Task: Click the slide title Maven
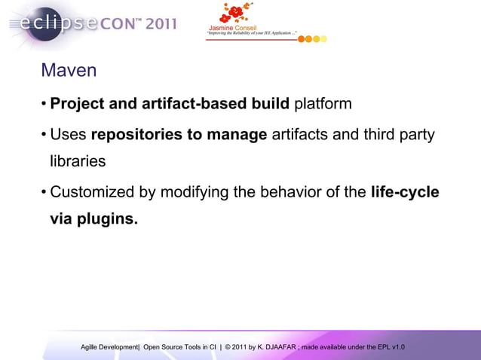[x=69, y=71]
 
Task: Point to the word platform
[x=323, y=102]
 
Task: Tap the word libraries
[x=78, y=161]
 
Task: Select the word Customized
[x=95, y=192]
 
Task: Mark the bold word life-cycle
[x=405, y=192]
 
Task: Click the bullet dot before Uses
[x=44, y=135]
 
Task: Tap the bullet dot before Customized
[x=44, y=192]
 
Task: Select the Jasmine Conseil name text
[x=235, y=28]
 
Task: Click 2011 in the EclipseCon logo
[x=161, y=23]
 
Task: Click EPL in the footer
[x=384, y=346]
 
